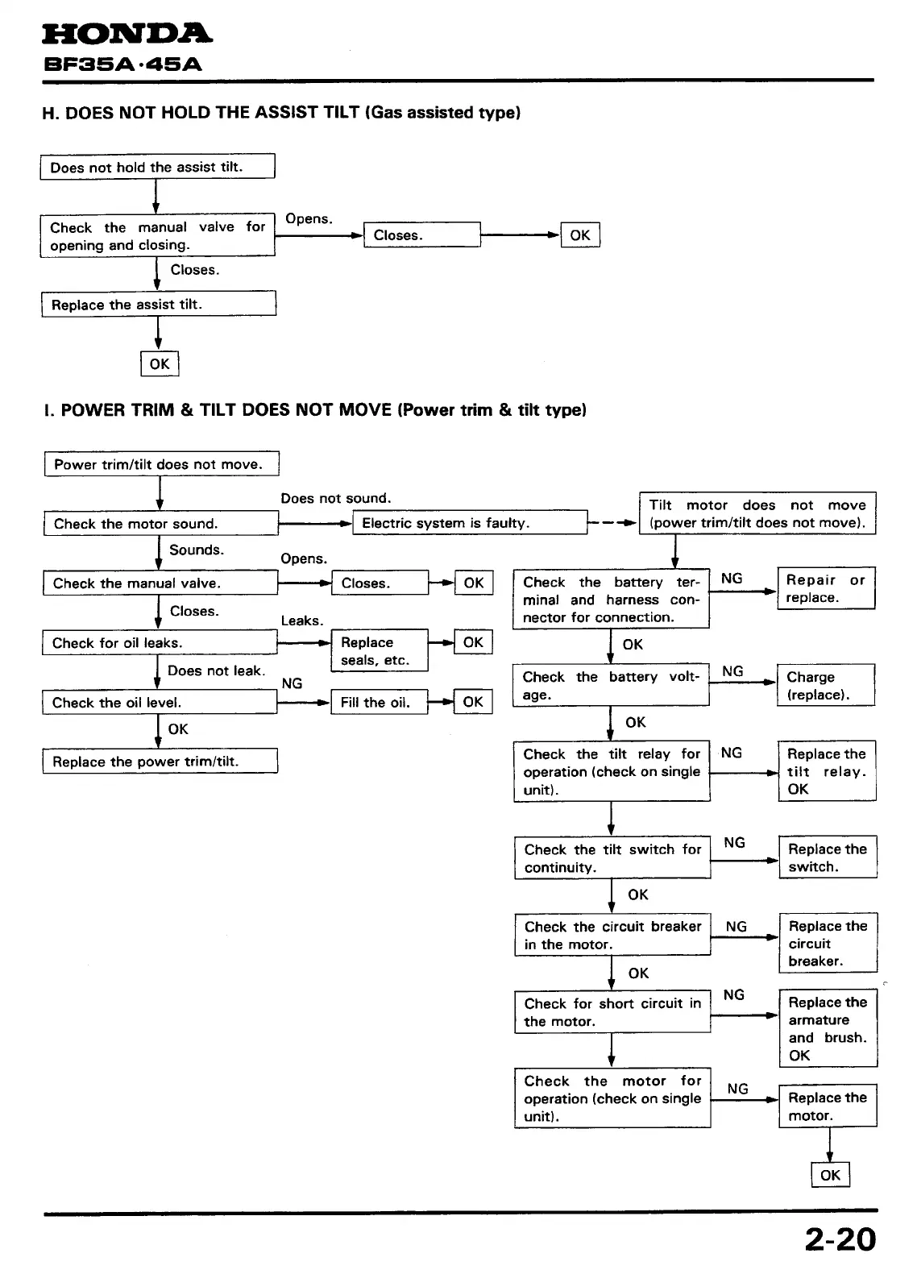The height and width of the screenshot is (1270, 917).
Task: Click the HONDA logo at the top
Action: tap(127, 34)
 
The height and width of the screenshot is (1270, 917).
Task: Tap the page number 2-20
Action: tap(840, 1239)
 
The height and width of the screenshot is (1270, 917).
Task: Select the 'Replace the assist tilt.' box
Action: tap(159, 305)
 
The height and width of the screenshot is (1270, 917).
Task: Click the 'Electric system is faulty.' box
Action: tap(473, 523)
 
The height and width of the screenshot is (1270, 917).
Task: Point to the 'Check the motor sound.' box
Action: tap(160, 524)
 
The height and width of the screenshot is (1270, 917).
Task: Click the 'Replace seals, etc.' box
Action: tap(379, 651)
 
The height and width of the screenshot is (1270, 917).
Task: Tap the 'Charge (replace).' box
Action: tap(825, 686)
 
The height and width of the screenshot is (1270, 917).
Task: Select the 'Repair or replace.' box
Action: tap(825, 588)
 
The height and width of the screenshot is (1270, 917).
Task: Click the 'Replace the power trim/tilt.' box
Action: tap(160, 762)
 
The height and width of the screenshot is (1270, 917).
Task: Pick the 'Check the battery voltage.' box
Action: tap(611, 686)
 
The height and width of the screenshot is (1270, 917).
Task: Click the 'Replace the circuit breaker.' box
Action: tap(828, 944)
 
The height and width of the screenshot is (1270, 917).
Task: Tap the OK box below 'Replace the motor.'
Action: tap(830, 1175)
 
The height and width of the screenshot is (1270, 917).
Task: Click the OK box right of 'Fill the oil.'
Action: tap(473, 702)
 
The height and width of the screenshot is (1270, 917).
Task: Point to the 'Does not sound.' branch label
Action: tap(335, 498)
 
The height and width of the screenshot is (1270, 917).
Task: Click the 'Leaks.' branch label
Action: tap(301, 620)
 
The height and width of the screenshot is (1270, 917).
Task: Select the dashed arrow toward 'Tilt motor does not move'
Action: tap(612, 523)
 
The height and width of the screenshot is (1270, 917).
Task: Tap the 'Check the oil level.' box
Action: tap(160, 703)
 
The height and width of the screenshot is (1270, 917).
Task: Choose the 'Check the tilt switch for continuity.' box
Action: tap(612, 858)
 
